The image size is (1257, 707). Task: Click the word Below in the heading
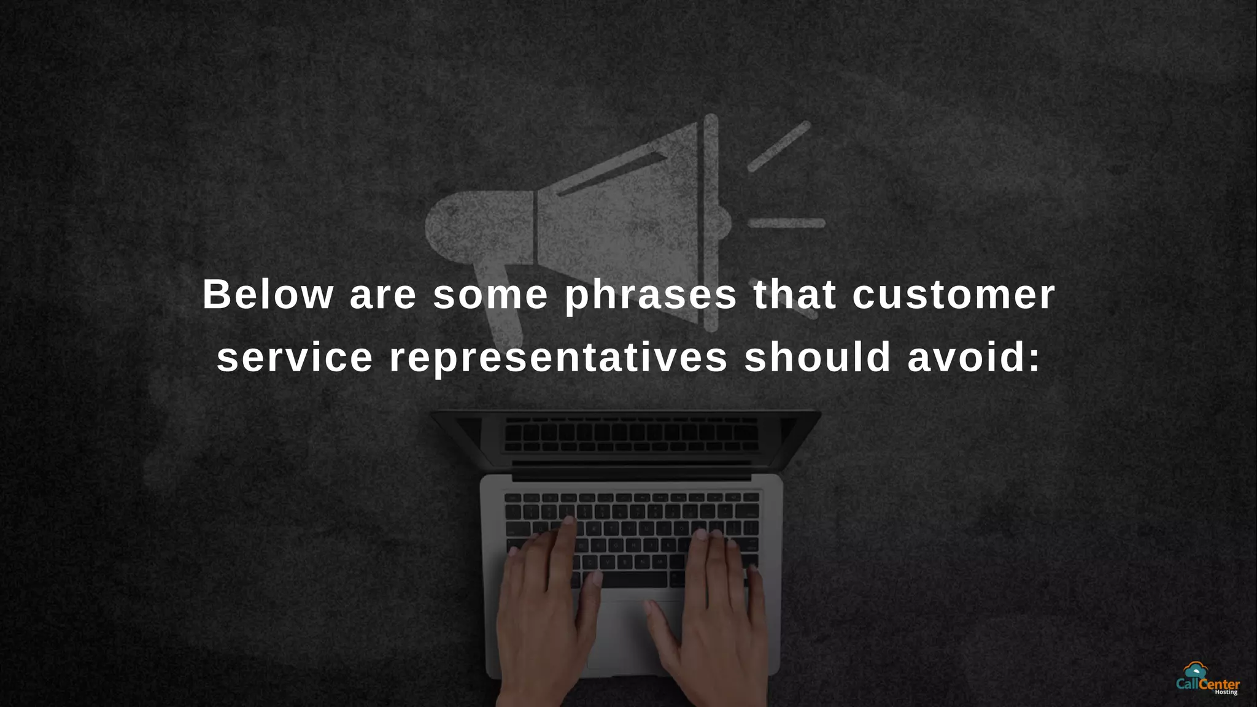(268, 295)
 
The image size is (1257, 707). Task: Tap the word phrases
(651, 296)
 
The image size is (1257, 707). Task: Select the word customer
(954, 295)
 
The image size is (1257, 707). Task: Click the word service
(295, 357)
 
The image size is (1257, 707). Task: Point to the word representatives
(559, 358)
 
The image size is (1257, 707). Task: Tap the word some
(490, 295)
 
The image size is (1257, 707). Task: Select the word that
(795, 295)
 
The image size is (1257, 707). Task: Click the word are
(383, 296)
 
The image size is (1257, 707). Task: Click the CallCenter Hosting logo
(1207, 679)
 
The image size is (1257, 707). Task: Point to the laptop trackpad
(632, 632)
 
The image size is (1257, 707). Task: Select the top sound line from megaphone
(779, 146)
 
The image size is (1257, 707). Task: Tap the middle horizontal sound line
(786, 223)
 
